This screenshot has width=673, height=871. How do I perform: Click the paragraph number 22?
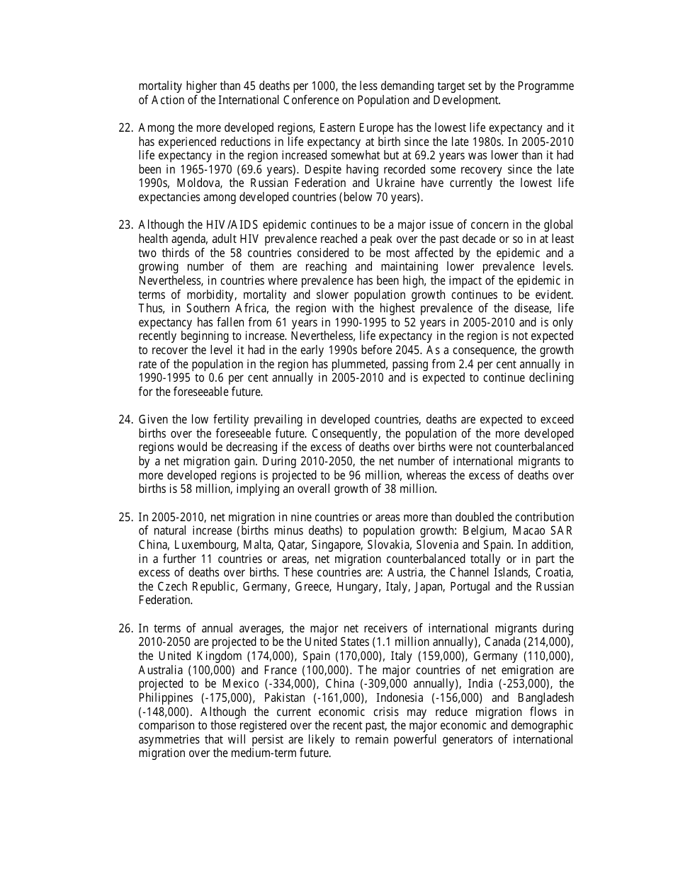pyautogui.click(x=125, y=128)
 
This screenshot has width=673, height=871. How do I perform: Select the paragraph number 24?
pyautogui.click(x=125, y=420)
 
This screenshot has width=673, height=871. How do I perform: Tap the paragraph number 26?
pyautogui.click(x=125, y=628)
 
